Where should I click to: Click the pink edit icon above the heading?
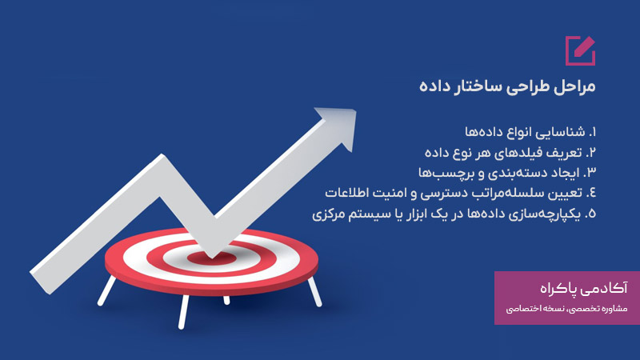[579, 50]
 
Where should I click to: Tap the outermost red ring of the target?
[120, 264]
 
